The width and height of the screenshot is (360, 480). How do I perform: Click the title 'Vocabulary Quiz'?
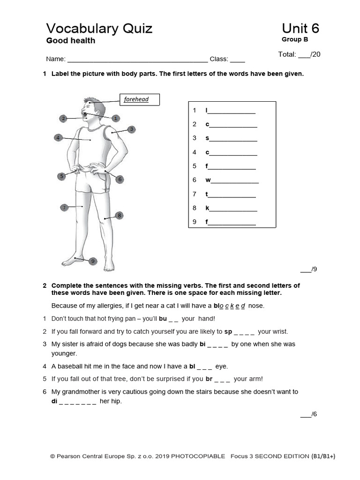pyautogui.click(x=99, y=29)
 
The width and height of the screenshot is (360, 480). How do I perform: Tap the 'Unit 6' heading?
pyautogui.click(x=300, y=29)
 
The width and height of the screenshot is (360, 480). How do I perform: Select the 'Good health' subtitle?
pyautogui.click(x=70, y=41)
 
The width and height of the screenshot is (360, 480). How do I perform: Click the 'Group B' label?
pyautogui.click(x=292, y=39)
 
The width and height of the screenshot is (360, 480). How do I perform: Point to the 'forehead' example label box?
pyautogui.click(x=139, y=100)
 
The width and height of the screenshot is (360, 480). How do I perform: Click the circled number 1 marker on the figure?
pyautogui.click(x=115, y=118)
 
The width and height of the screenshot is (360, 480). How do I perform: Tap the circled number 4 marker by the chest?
pyautogui.click(x=58, y=138)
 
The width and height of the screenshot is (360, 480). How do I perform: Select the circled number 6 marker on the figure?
pyautogui.click(x=120, y=179)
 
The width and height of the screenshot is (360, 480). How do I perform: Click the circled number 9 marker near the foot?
pyautogui.click(x=92, y=261)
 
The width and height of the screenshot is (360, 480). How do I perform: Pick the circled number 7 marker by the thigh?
pyautogui.click(x=64, y=207)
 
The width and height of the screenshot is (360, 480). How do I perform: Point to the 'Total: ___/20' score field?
pyautogui.click(x=299, y=54)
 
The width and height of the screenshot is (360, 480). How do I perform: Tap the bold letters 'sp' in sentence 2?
pyautogui.click(x=228, y=331)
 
